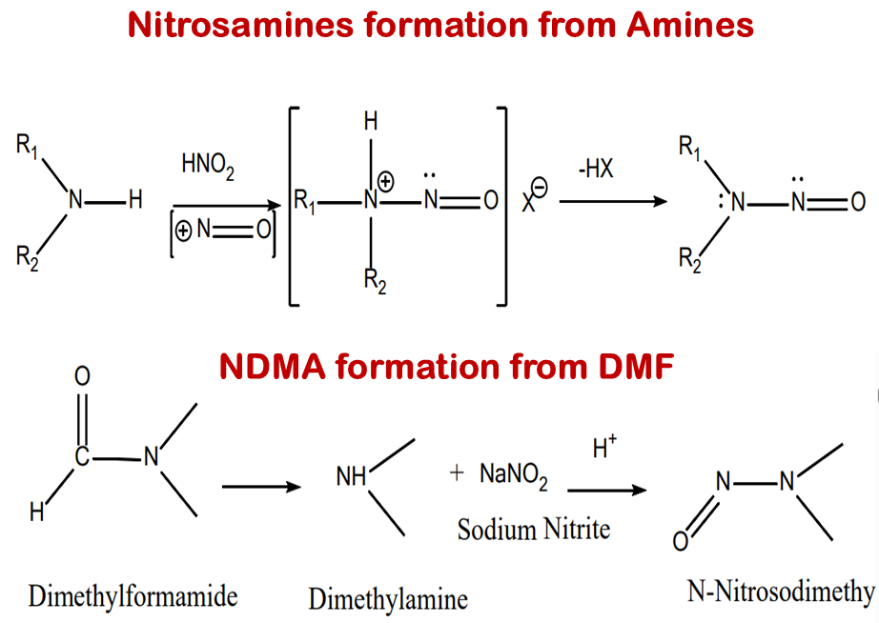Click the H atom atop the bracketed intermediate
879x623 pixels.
pos(372,122)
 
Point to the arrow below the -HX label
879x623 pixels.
pos(611,202)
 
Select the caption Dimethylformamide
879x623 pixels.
pos(133,597)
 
